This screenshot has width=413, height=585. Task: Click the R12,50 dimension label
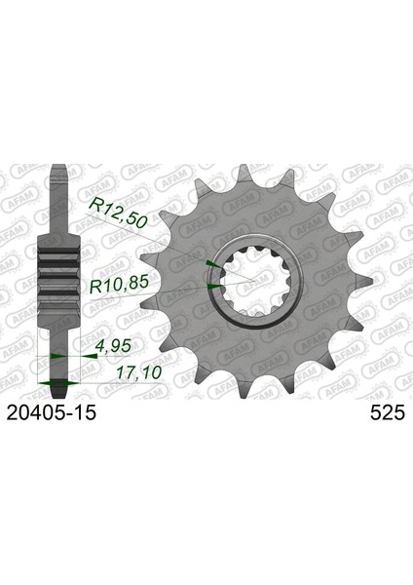[119, 213]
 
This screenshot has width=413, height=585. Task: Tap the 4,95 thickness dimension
[114, 346]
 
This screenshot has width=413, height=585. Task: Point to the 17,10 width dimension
[139, 372]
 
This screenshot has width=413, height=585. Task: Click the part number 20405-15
[52, 413]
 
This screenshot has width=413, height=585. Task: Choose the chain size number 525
[388, 413]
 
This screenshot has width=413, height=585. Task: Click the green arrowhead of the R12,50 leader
[213, 264]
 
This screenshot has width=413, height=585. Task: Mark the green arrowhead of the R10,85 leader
[214, 287]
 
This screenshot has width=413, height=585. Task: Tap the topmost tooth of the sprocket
[244, 173]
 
